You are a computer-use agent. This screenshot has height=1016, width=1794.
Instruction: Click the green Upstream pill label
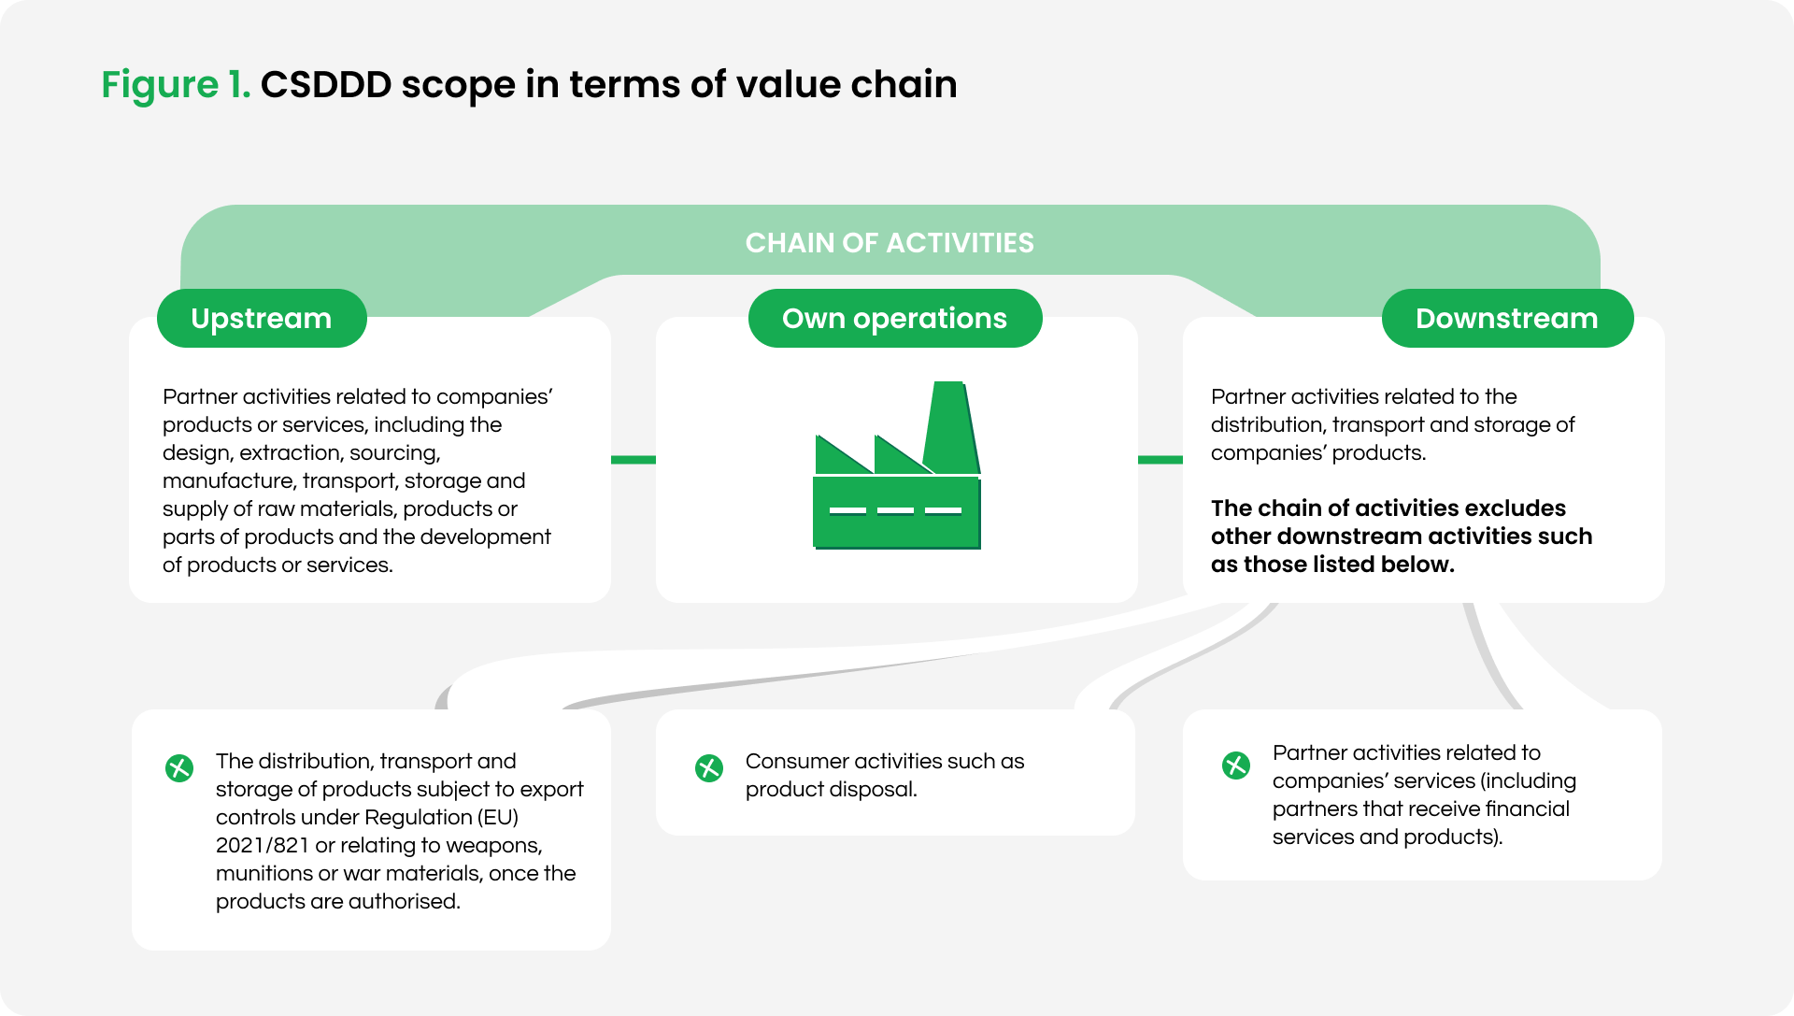(x=262, y=319)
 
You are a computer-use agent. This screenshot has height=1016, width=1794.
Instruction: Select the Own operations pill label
(x=894, y=319)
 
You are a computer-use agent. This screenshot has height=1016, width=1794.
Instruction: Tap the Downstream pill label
(x=1506, y=319)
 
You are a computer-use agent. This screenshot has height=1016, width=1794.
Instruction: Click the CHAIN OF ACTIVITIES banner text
(x=890, y=243)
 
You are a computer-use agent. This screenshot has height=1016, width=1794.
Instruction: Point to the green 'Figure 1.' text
(x=176, y=85)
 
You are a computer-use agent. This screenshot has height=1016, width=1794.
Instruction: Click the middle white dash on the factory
(x=895, y=510)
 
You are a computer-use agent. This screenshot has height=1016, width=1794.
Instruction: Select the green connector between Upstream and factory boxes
(x=634, y=460)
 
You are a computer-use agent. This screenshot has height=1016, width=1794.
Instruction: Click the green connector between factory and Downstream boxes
(x=1160, y=460)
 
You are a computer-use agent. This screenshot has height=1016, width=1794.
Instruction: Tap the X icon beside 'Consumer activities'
(x=709, y=768)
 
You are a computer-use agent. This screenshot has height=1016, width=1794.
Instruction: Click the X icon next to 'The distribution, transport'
(x=179, y=768)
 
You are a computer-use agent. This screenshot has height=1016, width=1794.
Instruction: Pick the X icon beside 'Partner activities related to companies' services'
(x=1236, y=766)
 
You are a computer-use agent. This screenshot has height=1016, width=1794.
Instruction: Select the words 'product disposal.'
(x=831, y=790)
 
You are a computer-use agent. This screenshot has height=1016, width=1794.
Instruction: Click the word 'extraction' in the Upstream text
(x=291, y=453)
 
